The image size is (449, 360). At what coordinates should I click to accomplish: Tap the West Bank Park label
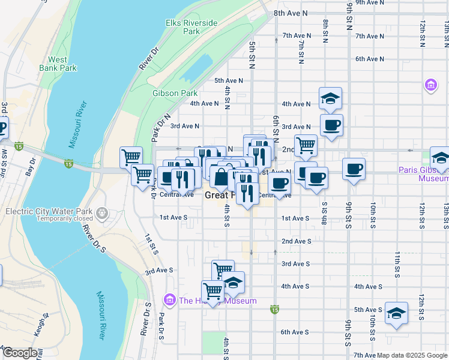58,64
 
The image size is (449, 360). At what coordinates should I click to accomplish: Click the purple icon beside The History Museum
170,301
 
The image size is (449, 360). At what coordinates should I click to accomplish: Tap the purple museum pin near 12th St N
430,85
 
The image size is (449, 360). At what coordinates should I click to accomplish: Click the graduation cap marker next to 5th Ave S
396,313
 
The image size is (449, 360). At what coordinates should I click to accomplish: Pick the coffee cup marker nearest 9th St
354,169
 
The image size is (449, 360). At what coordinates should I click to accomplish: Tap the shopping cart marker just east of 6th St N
306,144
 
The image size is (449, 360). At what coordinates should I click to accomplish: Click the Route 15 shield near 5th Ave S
274,310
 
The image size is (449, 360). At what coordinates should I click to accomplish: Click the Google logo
20,353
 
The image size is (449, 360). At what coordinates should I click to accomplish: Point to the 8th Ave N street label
291,13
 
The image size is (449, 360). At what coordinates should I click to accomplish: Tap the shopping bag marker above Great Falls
221,178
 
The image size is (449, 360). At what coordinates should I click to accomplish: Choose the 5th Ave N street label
229,80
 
